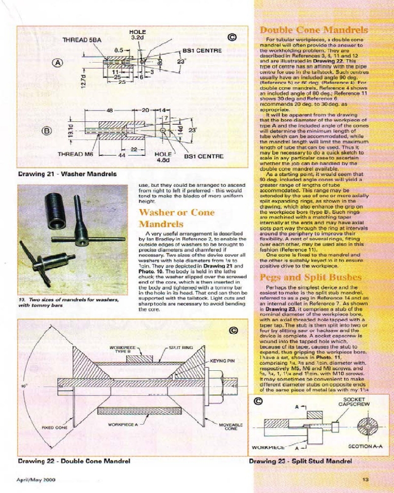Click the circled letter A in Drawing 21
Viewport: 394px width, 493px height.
[58, 63]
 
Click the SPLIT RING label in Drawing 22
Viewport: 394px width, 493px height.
[180, 348]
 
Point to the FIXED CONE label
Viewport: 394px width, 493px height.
[54, 427]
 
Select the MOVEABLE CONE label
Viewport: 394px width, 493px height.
[228, 426]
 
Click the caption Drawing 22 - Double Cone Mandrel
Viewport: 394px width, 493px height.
[74, 461]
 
